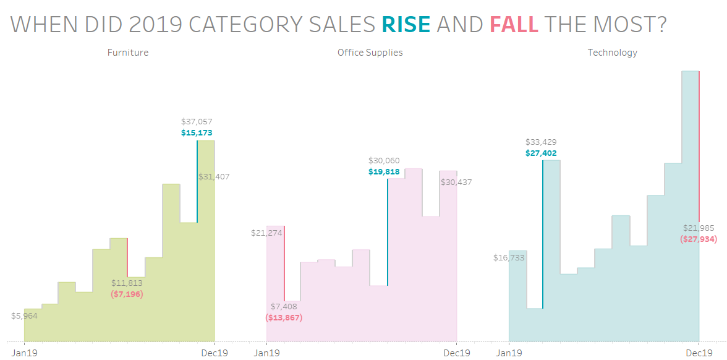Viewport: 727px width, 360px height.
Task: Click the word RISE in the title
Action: point(406,24)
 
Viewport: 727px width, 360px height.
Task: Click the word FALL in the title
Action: point(514,24)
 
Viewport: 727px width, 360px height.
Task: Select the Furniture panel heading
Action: point(128,53)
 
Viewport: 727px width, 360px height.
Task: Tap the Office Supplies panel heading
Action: point(370,53)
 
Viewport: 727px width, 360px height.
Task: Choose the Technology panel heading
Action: point(612,53)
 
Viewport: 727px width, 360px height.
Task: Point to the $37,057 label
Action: point(197,122)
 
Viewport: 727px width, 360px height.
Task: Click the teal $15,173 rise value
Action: point(197,132)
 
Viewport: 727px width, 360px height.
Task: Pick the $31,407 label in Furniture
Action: point(214,176)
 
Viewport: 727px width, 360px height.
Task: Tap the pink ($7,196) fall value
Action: point(127,294)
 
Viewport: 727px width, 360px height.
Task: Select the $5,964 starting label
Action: point(25,315)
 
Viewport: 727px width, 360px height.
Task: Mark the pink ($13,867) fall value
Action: point(284,317)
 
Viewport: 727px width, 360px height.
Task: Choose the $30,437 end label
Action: point(456,182)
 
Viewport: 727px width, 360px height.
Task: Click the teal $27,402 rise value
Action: point(541,153)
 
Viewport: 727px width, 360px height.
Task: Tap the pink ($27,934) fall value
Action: point(699,239)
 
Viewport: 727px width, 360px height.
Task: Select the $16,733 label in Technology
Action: point(509,258)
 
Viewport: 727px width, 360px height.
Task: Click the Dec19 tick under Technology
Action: point(699,353)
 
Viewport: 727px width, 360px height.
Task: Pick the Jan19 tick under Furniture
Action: point(24,353)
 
